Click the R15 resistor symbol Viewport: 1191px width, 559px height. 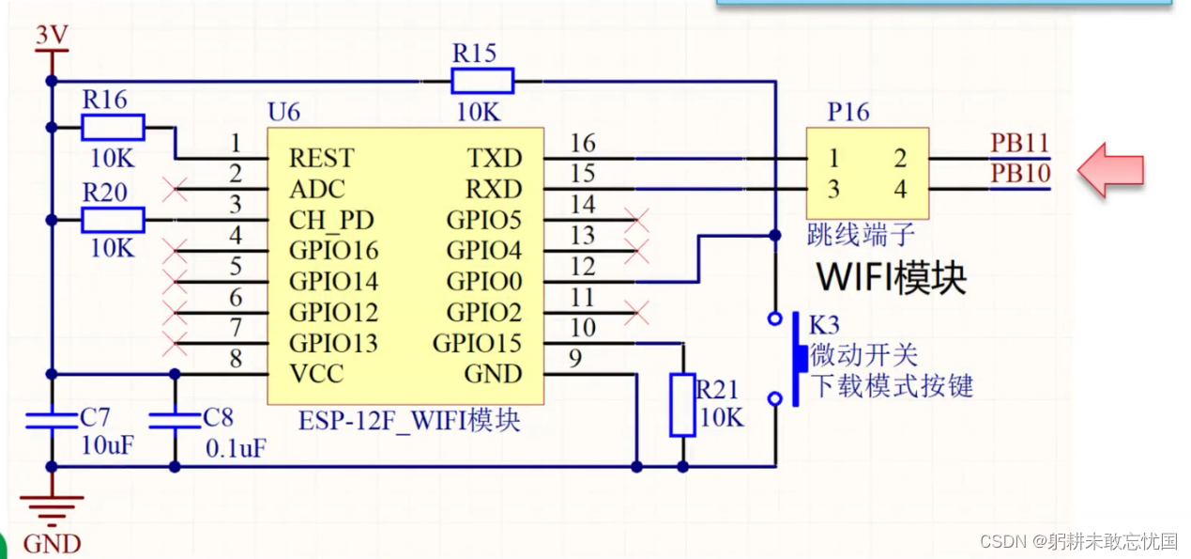(482, 81)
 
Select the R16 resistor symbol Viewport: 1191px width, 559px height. (113, 127)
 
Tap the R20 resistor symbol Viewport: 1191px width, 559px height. (113, 221)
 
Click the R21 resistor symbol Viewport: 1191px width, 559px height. (682, 405)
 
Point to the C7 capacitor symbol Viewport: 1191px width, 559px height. (52, 419)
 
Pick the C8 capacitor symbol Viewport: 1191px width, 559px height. (175, 419)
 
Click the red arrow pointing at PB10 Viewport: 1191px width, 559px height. (1110, 170)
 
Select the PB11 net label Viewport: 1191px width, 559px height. (1019, 144)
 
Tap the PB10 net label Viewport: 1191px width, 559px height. (1019, 175)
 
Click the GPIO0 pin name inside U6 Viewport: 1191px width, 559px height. (483, 282)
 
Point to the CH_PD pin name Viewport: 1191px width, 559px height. (331, 221)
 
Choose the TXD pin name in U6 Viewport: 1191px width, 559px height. (495, 159)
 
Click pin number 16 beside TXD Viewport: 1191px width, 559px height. (583, 144)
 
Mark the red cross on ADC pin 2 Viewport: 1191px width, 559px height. (174, 190)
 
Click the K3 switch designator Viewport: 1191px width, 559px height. (824, 326)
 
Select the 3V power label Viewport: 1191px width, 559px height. (52, 36)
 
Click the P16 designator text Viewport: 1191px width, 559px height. (848, 113)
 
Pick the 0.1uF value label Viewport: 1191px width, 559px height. (236, 449)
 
